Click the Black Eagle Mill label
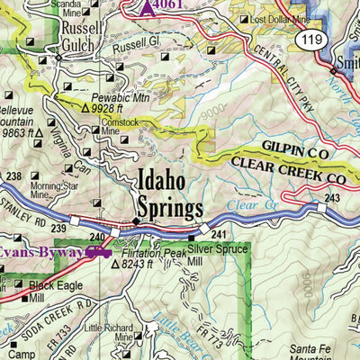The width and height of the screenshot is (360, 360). point(48,288)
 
